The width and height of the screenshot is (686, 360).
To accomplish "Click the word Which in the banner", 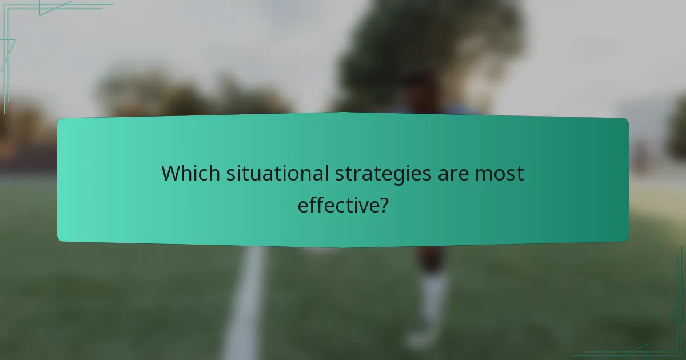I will pos(190,173).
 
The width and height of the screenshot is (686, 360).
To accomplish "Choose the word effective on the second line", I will pos(336,205).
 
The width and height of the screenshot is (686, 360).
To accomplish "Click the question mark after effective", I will pos(382,205).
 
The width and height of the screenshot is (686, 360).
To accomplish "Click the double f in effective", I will pos(316,204).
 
